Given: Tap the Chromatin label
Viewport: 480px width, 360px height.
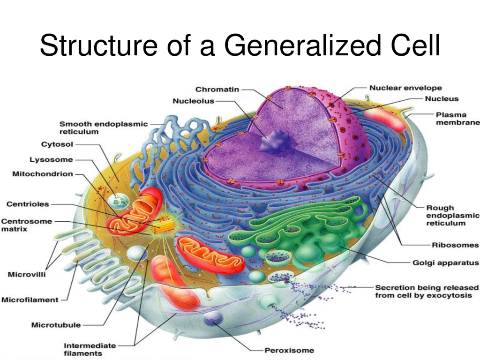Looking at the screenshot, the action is (x=217, y=90).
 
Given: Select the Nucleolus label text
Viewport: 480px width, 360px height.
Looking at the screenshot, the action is (x=194, y=101).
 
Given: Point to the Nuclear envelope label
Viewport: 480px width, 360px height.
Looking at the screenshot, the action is (x=405, y=88).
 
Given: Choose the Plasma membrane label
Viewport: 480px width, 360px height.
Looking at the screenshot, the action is (x=457, y=119).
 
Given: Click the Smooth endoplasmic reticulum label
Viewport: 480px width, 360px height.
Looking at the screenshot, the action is (x=104, y=127).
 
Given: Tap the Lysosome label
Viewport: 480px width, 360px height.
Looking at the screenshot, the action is (x=51, y=159).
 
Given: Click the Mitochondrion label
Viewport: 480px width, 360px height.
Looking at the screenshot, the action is (x=43, y=174).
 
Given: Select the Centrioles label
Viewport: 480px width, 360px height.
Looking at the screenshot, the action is (x=28, y=204).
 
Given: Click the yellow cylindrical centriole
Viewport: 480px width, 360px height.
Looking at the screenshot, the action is (x=164, y=227).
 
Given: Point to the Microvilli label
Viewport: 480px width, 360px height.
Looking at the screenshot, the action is (x=27, y=274).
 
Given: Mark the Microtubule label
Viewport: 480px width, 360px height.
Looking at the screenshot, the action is (x=56, y=325).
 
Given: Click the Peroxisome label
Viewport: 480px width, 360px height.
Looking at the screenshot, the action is (x=289, y=350).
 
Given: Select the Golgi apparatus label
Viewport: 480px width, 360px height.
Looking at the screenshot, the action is (x=445, y=262).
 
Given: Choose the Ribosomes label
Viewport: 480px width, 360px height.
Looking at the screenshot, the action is (x=455, y=245).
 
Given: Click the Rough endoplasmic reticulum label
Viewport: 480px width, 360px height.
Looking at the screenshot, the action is (x=452, y=215).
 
